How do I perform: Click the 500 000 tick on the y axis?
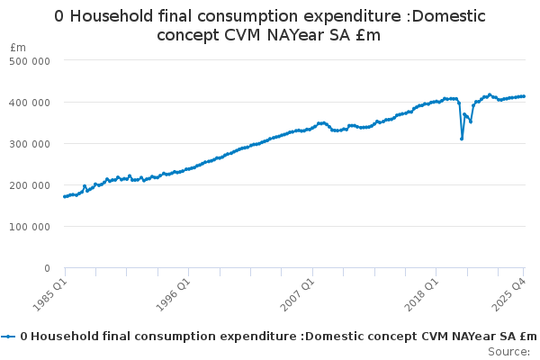point(31,60)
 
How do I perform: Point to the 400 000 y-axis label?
point(31,102)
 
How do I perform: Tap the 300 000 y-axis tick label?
point(31,143)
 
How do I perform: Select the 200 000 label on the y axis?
point(31,184)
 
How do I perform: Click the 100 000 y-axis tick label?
point(31,226)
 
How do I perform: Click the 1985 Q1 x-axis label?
point(49,293)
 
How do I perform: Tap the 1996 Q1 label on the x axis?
point(173,293)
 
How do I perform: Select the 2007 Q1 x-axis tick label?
point(297,293)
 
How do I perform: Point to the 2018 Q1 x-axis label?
point(420,293)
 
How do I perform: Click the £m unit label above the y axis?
point(18,46)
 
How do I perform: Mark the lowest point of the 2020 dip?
point(462,139)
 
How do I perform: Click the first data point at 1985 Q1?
point(65,196)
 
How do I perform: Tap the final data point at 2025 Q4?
point(524,96)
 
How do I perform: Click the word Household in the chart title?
point(115,16)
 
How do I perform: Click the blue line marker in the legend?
point(9,336)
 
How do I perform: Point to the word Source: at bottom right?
point(508,351)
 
